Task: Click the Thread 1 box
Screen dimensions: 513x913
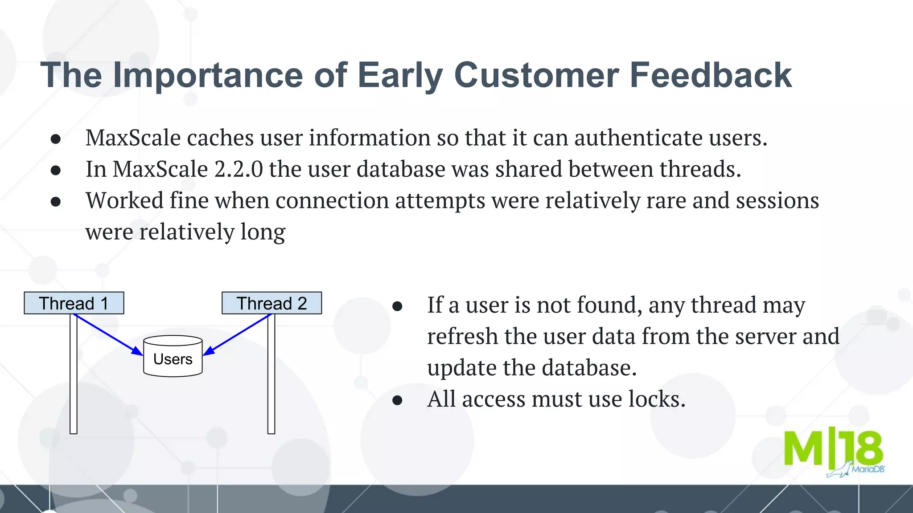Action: [x=74, y=303]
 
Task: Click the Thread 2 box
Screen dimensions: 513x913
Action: [x=271, y=303]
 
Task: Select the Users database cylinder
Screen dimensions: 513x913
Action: [x=173, y=357]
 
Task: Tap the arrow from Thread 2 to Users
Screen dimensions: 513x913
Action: [x=237, y=334]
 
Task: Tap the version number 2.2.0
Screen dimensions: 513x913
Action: [x=239, y=169]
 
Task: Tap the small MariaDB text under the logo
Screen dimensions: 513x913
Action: [x=867, y=469]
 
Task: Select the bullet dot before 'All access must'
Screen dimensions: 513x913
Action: [x=397, y=400]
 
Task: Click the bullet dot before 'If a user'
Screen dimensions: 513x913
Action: [x=397, y=306]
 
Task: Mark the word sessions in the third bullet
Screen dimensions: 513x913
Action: [x=777, y=200]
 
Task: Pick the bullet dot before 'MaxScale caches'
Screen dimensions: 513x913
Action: [x=56, y=139]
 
